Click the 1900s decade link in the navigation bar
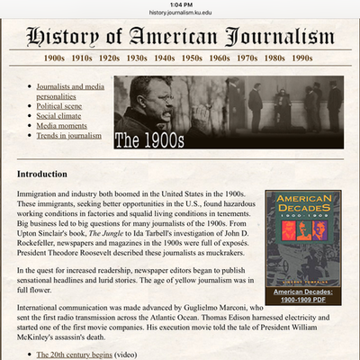[x=55, y=58]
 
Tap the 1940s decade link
[x=163, y=58]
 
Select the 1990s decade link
[x=301, y=58]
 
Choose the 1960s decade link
[x=219, y=58]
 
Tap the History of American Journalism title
[x=180, y=36]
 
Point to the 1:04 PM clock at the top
[x=180, y=4]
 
